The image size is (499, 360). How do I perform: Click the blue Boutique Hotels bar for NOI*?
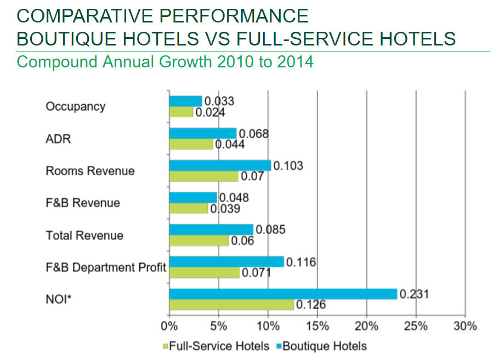click(x=282, y=294)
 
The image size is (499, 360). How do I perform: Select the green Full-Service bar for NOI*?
click(x=231, y=304)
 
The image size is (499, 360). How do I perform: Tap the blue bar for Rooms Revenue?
click(x=220, y=165)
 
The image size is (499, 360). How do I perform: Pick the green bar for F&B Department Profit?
click(x=204, y=272)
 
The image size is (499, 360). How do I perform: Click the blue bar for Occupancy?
click(x=185, y=101)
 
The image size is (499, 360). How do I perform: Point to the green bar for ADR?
click(x=191, y=144)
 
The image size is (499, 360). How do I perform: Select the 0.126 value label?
click(x=311, y=304)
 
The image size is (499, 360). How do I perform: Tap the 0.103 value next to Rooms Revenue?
click(x=288, y=165)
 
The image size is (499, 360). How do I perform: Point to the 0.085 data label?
click(x=270, y=230)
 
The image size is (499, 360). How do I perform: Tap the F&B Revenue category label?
click(x=82, y=203)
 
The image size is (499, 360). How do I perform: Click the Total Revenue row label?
click(x=84, y=236)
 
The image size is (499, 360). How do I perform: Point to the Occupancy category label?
click(x=75, y=106)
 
